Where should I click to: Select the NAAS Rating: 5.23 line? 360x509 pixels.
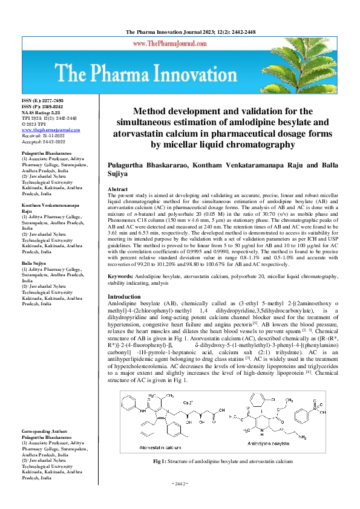coord(42,111)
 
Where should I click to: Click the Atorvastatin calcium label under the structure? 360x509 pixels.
coord(156,448)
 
